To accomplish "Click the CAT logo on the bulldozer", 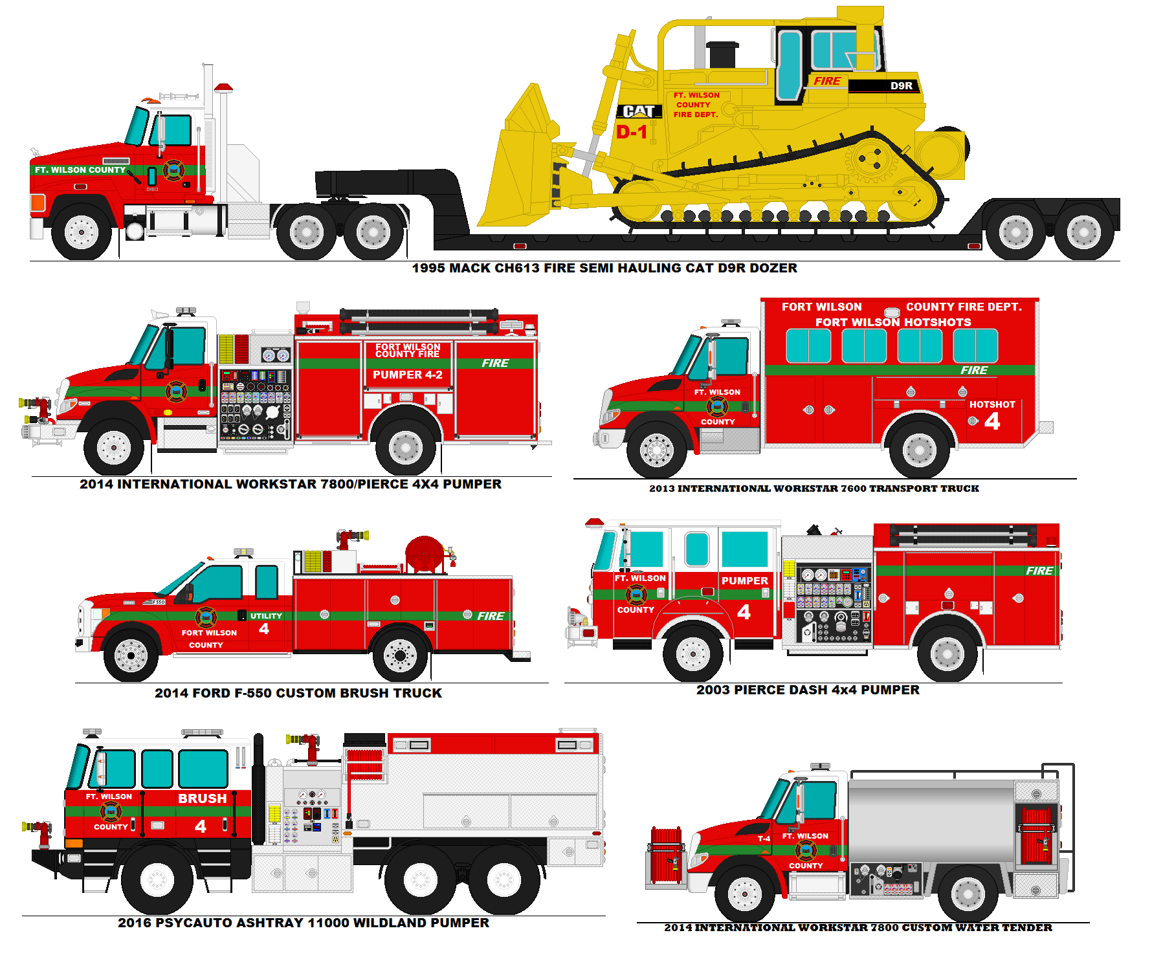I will [x=639, y=111].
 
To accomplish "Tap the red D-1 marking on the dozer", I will [x=631, y=132].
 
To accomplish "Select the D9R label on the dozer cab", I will [x=901, y=85].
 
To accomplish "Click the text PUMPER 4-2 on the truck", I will [x=408, y=375].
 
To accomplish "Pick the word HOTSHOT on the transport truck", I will [x=991, y=404].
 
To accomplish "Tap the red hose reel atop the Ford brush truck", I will [x=425, y=554].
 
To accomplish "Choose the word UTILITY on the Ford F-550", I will [x=266, y=616].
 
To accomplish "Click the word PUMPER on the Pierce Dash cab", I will [x=744, y=581].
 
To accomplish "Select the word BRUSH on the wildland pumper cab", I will [x=203, y=798].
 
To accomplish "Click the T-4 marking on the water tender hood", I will [x=764, y=839].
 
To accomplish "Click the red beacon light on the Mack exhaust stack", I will [x=223, y=87].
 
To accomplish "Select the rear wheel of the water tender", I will [x=968, y=894].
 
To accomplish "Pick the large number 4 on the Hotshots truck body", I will [x=992, y=421].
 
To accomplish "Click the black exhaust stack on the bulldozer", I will [x=722, y=54].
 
